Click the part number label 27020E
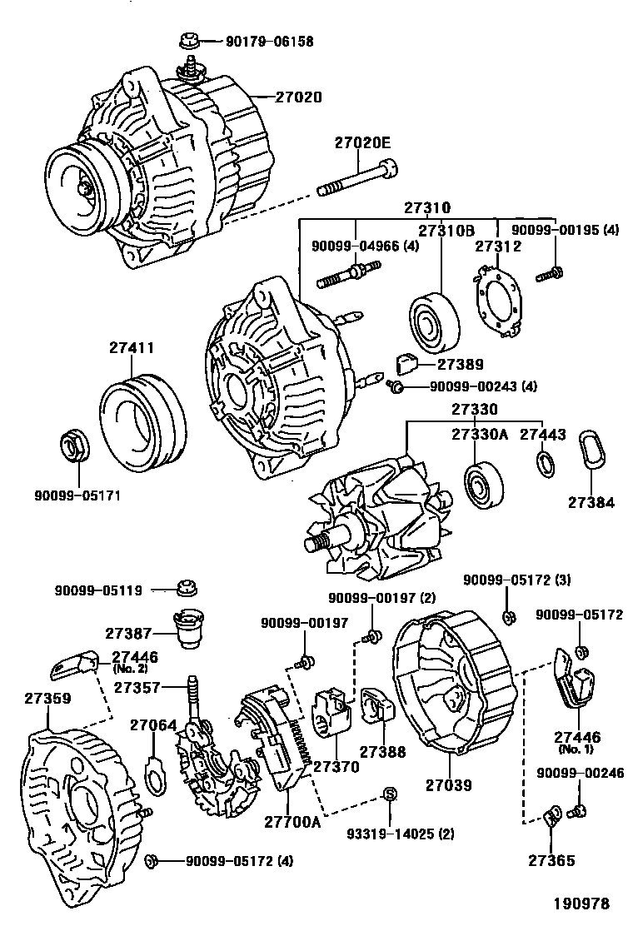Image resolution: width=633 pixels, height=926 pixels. coord(362,142)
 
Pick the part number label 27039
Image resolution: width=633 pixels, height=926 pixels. coord(449,784)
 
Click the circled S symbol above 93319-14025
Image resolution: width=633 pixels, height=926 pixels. coord(387,792)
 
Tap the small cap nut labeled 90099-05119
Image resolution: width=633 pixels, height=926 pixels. coord(188,589)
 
